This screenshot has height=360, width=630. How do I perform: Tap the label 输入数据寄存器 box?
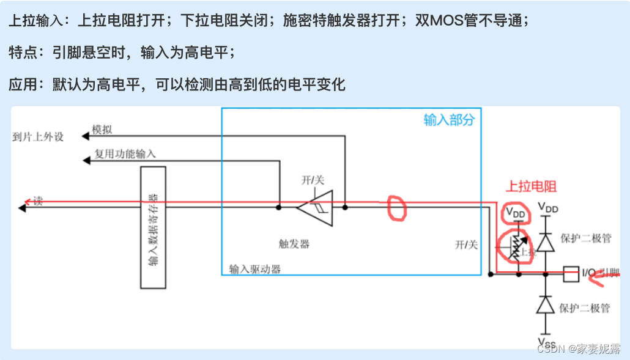153,227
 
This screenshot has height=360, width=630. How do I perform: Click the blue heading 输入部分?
448,120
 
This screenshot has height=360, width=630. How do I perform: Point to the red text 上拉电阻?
531,187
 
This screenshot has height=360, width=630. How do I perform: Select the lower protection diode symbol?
545,304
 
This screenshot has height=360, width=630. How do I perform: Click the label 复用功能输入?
125,154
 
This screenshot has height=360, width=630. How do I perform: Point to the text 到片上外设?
38,136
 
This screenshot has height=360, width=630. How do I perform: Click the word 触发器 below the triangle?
294,244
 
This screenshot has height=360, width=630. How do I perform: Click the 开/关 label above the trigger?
313,180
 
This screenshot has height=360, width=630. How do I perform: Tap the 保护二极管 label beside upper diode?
585,238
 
